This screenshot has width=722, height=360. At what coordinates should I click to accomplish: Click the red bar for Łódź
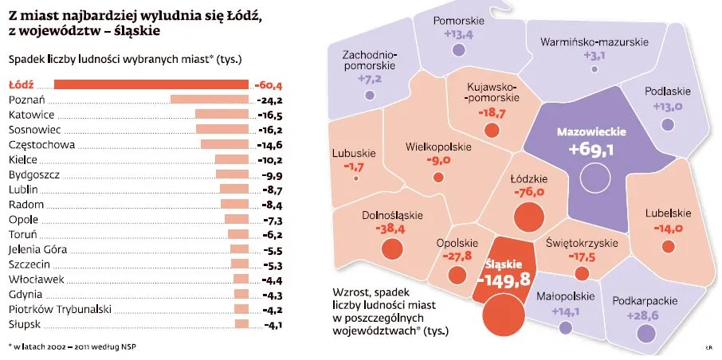(x=152, y=84)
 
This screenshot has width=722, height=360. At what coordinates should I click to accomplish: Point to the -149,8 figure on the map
(x=503, y=280)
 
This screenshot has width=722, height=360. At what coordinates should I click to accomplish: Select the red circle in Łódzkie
(x=528, y=215)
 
